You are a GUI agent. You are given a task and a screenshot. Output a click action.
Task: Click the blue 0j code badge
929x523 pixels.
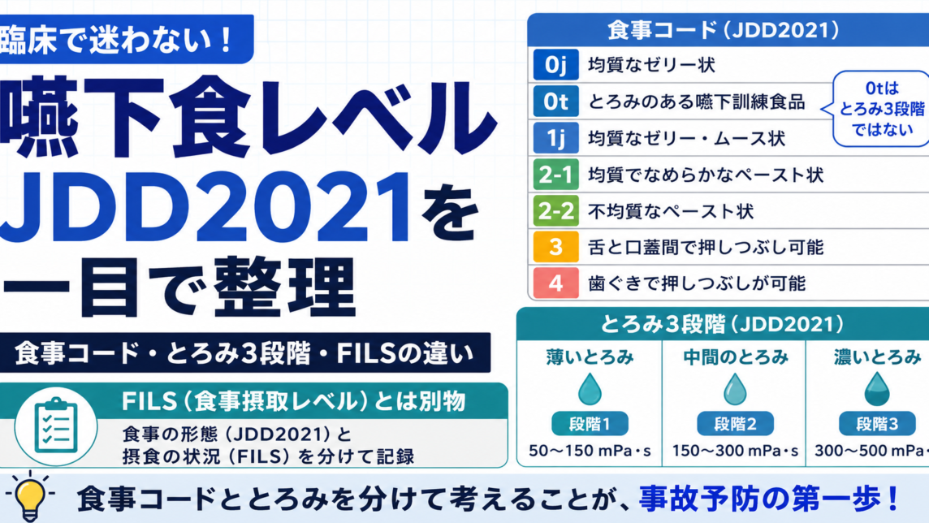555,64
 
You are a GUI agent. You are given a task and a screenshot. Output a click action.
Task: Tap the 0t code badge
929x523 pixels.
555,102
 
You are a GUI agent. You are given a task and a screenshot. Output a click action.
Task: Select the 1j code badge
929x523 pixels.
555,138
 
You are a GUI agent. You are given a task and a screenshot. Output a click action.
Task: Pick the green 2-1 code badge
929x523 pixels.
555,175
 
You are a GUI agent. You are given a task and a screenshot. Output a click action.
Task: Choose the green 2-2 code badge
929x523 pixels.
555,211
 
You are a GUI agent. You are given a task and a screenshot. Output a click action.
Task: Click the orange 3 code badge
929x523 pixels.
555,247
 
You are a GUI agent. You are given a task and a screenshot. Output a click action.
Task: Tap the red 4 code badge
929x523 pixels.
555,283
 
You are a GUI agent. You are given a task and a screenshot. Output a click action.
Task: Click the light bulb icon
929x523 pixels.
29,496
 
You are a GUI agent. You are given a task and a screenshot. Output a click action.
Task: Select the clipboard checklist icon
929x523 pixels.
56,426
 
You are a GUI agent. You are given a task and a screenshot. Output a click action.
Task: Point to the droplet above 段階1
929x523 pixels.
590,388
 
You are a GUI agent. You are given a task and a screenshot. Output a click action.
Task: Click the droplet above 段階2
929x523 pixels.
735,388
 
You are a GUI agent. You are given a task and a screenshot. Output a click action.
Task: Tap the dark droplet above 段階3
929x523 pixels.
877,388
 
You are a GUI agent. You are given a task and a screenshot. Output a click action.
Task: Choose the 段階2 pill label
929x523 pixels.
735,423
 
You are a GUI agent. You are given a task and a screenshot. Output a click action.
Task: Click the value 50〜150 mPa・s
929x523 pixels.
590,451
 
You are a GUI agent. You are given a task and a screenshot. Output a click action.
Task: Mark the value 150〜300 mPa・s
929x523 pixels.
735,451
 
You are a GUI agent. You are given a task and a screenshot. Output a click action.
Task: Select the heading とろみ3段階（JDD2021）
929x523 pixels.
722,324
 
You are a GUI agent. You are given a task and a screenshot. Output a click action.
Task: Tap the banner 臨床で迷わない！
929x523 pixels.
119,40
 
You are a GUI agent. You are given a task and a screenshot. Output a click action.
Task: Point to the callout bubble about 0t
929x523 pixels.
879,108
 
